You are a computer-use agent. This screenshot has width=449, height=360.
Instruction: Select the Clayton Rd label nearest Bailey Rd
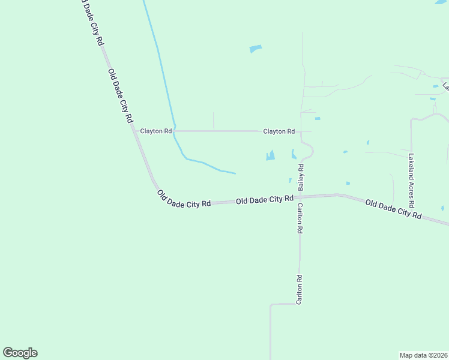(279, 131)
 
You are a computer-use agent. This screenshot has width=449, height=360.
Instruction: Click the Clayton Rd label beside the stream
(156, 131)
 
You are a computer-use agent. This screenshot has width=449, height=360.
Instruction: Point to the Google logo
(20, 353)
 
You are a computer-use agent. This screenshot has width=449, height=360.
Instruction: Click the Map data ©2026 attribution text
(423, 355)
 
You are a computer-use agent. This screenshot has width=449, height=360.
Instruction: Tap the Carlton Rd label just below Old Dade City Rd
(300, 218)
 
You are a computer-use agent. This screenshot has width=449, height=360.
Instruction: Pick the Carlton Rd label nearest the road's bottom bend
(299, 290)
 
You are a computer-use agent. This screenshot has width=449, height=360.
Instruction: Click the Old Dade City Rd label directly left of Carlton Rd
(264, 199)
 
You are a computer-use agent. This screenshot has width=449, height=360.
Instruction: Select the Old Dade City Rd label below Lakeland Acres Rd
(393, 209)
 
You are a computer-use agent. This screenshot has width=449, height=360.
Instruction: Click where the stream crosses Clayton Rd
(173, 131)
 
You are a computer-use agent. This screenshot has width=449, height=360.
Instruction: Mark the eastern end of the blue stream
(235, 173)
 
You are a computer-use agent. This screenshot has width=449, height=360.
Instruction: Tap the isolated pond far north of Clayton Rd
(256, 49)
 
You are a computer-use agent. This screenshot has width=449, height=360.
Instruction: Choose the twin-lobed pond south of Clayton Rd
(270, 156)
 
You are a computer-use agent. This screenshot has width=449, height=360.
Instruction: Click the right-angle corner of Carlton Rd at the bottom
(271, 305)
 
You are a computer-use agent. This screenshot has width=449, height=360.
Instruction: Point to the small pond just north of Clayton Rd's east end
(317, 118)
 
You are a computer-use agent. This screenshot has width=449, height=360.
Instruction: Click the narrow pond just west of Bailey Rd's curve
(294, 154)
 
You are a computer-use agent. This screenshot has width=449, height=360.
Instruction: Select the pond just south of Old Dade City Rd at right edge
(442, 209)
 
